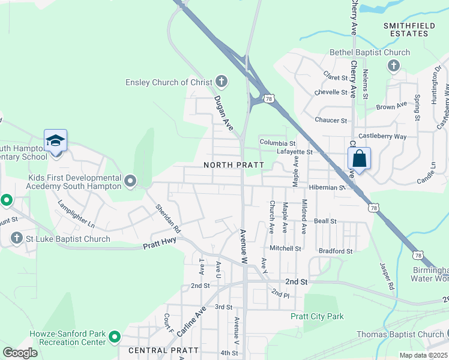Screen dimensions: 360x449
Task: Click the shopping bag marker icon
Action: point(359,160)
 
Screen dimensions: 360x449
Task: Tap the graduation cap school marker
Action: point(55,142)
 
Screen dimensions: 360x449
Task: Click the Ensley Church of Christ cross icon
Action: point(221,82)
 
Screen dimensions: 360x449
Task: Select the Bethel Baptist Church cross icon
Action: point(394,66)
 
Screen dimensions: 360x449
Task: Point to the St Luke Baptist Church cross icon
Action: point(17,239)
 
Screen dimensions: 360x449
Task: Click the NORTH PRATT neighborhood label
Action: point(226,165)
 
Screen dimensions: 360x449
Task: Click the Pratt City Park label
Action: point(317,316)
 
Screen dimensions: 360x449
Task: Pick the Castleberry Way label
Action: point(383,137)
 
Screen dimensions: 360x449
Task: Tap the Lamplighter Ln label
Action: point(76,214)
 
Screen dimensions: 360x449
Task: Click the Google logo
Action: point(20,352)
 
